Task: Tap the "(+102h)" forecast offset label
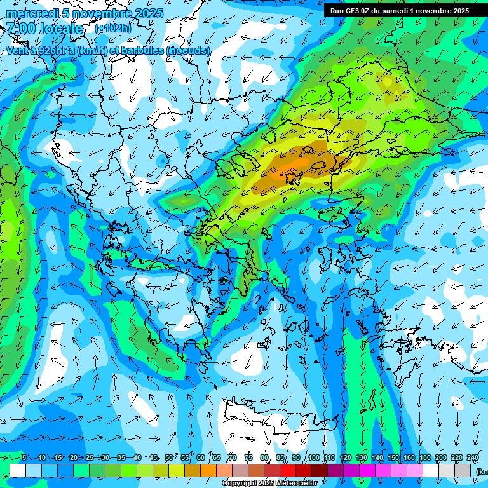coord(112,29)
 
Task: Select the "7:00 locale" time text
coord(44,29)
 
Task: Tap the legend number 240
coord(473,458)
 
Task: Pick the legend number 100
coord(314,458)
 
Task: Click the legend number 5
coord(24,458)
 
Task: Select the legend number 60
coord(201,458)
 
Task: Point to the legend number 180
coord(425,458)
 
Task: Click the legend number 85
coord(280,458)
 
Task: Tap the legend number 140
coord(377,458)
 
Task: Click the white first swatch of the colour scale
coord(17,470)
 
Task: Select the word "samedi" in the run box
coord(393,11)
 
